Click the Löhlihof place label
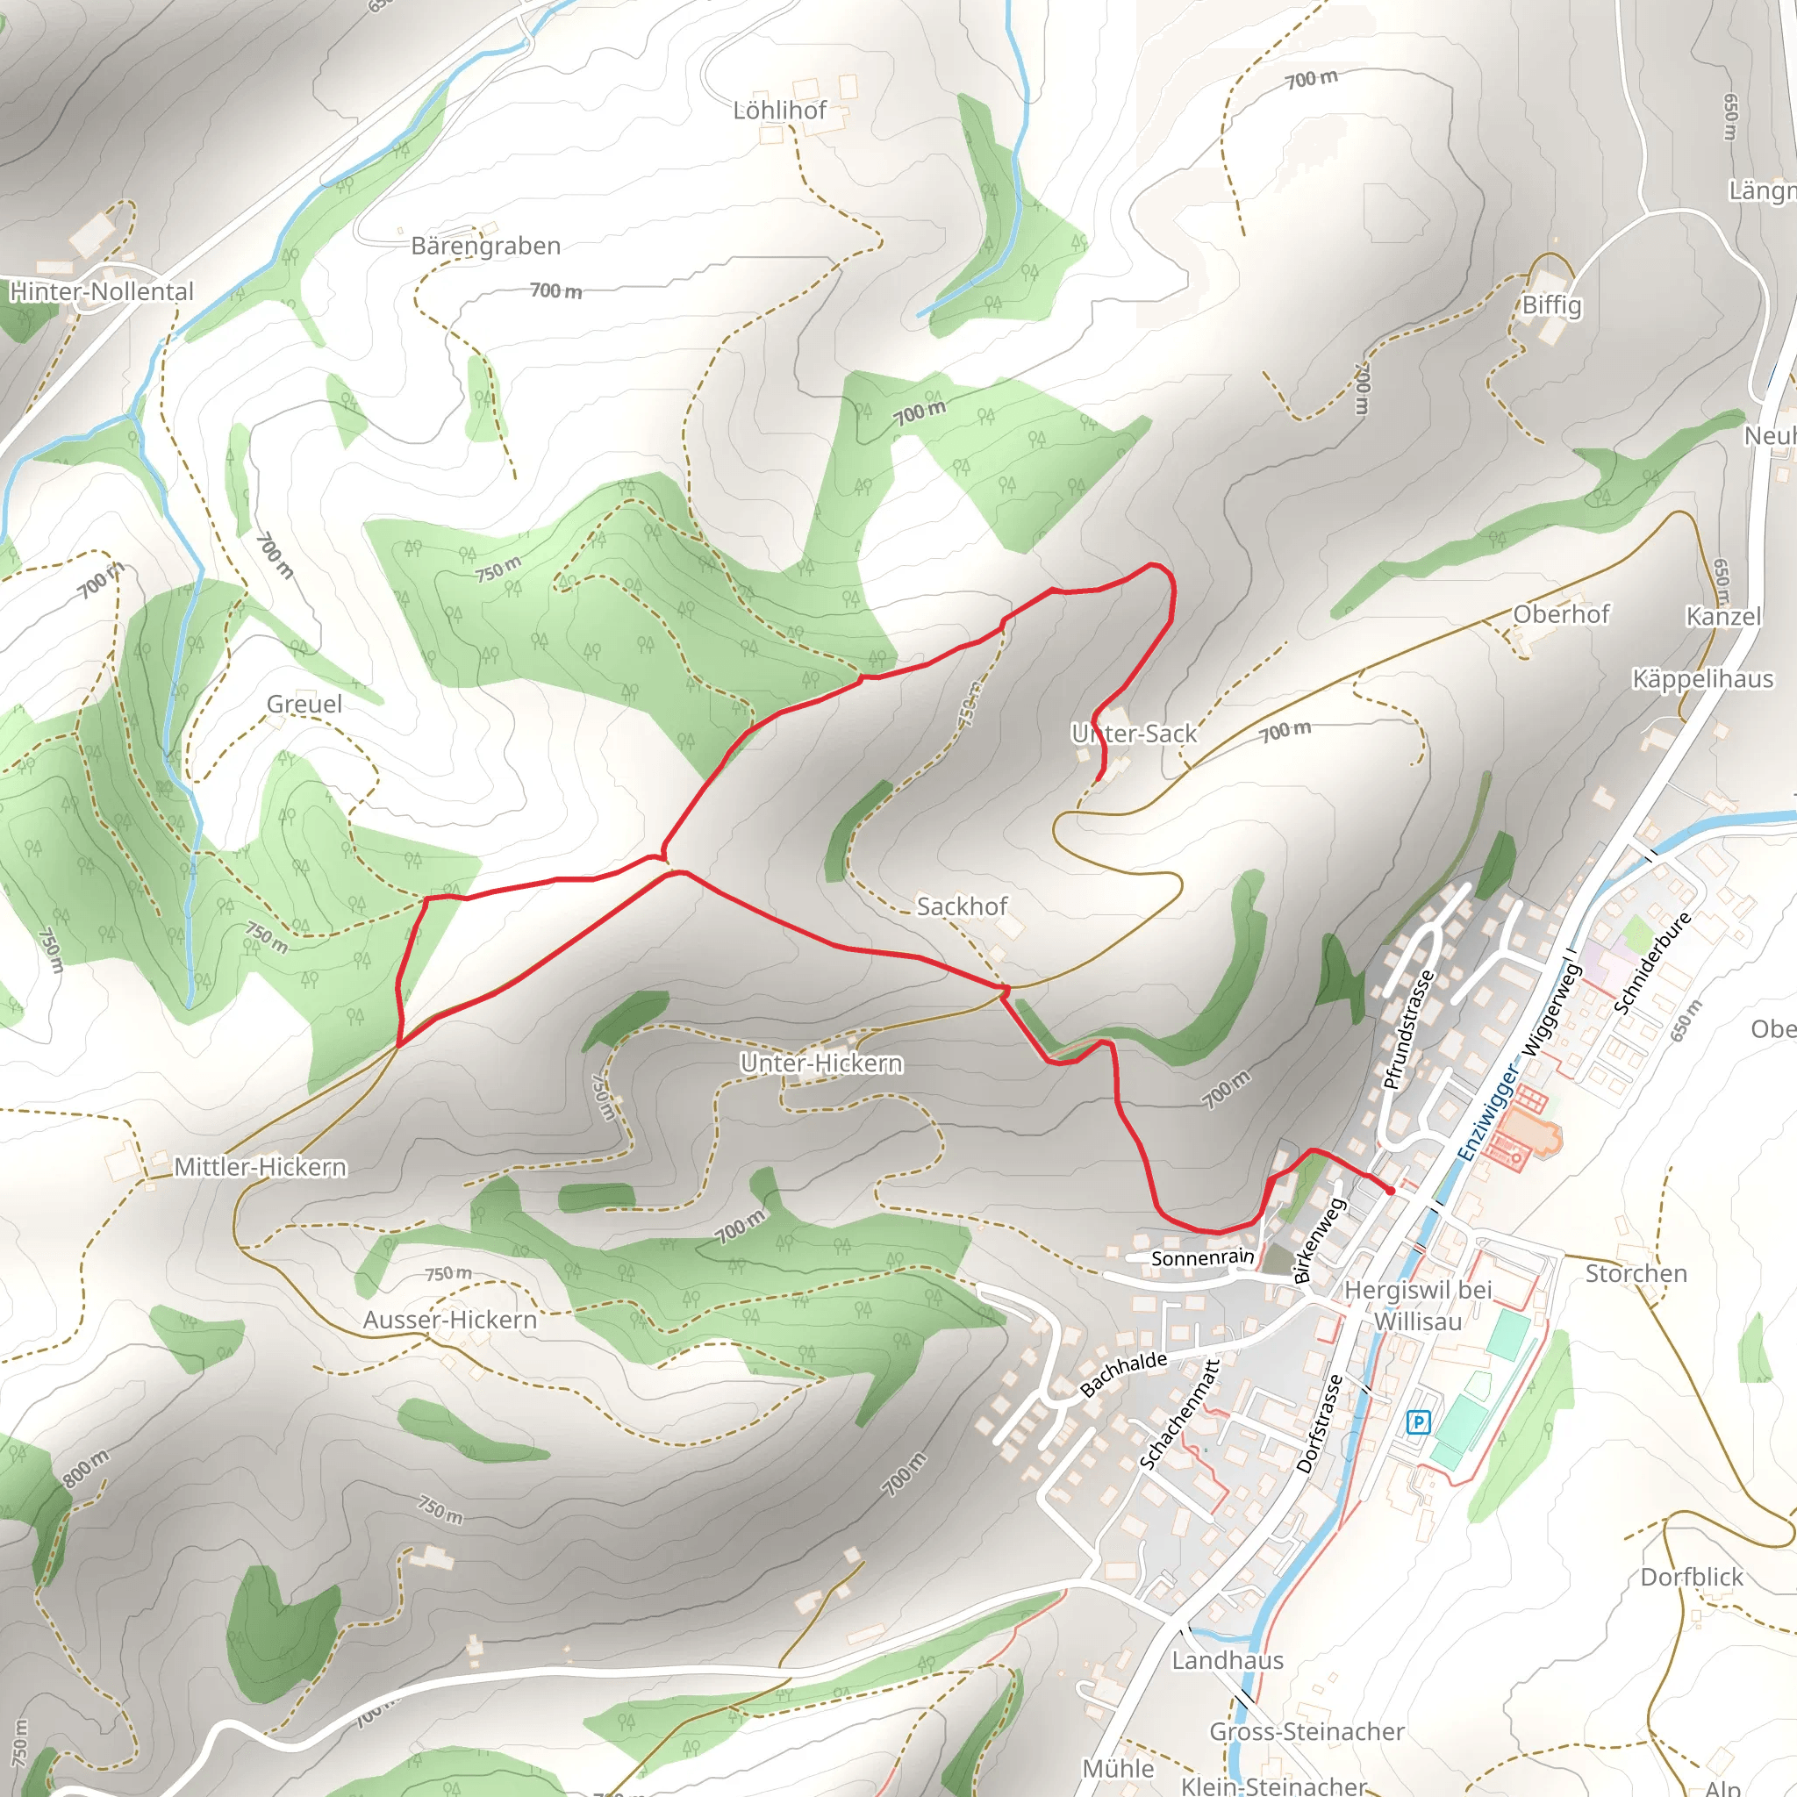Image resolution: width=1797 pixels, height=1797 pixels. pos(779,111)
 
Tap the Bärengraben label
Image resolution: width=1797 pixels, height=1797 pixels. pos(485,247)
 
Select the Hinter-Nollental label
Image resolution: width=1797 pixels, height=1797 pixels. pos(102,292)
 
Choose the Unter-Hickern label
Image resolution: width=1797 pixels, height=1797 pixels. pos(821,1063)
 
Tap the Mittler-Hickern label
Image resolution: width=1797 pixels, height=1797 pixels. pos(261,1166)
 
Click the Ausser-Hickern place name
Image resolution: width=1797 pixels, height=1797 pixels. pos(450,1320)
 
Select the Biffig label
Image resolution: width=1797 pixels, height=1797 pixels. pos(1551,305)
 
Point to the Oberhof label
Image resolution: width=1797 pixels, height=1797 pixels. pos(1561,614)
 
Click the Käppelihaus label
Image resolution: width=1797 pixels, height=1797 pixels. pos(1702,679)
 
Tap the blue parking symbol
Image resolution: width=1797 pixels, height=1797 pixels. pos(1418,1422)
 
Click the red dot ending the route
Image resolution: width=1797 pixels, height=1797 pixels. pos(1391,1191)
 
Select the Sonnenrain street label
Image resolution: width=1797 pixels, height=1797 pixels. pos(1203,1258)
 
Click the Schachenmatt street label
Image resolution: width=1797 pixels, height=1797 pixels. pos(1179,1414)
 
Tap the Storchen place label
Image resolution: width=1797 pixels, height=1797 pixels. pos(1636,1273)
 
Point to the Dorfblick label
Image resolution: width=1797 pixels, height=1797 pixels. pos(1692,1577)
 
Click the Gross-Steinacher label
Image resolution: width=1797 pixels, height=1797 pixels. pos(1306,1731)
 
